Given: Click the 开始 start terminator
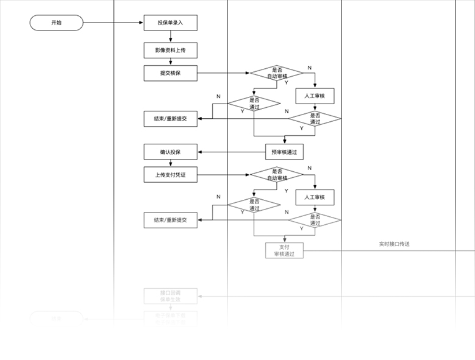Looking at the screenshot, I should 56,23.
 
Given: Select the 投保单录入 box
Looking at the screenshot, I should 170,23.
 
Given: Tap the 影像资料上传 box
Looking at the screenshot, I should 170,50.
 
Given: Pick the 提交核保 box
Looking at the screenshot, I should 170,73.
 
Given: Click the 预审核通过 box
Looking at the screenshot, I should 284,152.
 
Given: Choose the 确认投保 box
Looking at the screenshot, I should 170,152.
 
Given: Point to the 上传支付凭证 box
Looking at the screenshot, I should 170,175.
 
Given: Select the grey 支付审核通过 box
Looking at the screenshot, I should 284,250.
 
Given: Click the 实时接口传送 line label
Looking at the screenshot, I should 394,244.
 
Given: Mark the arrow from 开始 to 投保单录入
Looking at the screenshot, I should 113,23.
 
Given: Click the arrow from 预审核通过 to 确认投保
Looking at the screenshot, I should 231,152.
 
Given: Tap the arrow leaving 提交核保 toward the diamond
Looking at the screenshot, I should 223,73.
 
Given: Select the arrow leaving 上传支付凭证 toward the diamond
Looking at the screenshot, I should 223,175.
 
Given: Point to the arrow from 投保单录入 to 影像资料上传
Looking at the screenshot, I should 170,37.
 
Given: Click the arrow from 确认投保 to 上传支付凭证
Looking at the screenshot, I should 170,163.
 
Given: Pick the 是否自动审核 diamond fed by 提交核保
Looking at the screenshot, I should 277,73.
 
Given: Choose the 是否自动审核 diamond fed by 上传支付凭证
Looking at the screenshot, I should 277,175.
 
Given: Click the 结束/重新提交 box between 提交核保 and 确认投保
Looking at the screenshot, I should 170,118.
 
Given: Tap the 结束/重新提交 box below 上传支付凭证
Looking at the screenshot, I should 170,220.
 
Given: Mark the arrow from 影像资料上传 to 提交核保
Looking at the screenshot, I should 170,62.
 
